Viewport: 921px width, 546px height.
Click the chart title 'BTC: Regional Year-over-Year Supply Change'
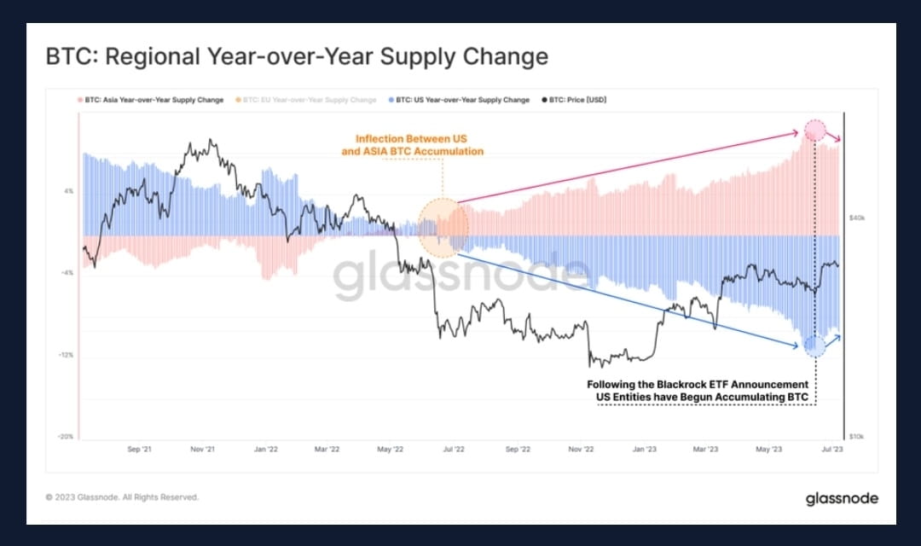click(x=296, y=57)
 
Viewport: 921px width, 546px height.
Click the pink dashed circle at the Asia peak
click(x=814, y=131)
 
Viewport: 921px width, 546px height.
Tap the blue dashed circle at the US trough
click(x=814, y=346)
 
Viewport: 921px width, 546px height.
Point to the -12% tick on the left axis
click(x=65, y=355)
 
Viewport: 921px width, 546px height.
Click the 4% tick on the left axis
click(x=67, y=191)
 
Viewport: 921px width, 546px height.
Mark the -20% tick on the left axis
click(x=65, y=437)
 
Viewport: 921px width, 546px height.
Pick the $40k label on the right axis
click(x=856, y=218)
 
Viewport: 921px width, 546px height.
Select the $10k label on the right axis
click(x=856, y=437)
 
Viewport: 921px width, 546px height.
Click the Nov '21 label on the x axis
click(x=202, y=448)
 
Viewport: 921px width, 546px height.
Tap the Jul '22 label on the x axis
click(x=453, y=448)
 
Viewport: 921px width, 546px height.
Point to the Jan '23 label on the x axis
click(x=645, y=448)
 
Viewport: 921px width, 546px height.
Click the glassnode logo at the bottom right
click(x=842, y=498)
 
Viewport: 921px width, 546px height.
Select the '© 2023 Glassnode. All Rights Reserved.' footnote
click(x=122, y=497)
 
